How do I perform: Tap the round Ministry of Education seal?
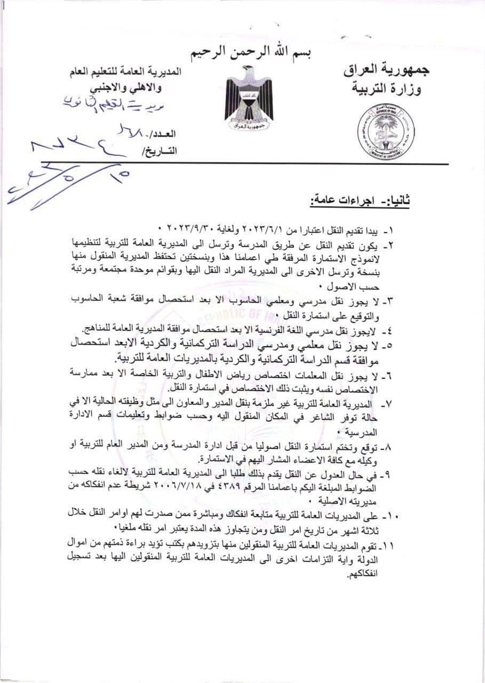click(x=387, y=129)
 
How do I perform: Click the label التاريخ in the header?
click(x=159, y=151)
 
